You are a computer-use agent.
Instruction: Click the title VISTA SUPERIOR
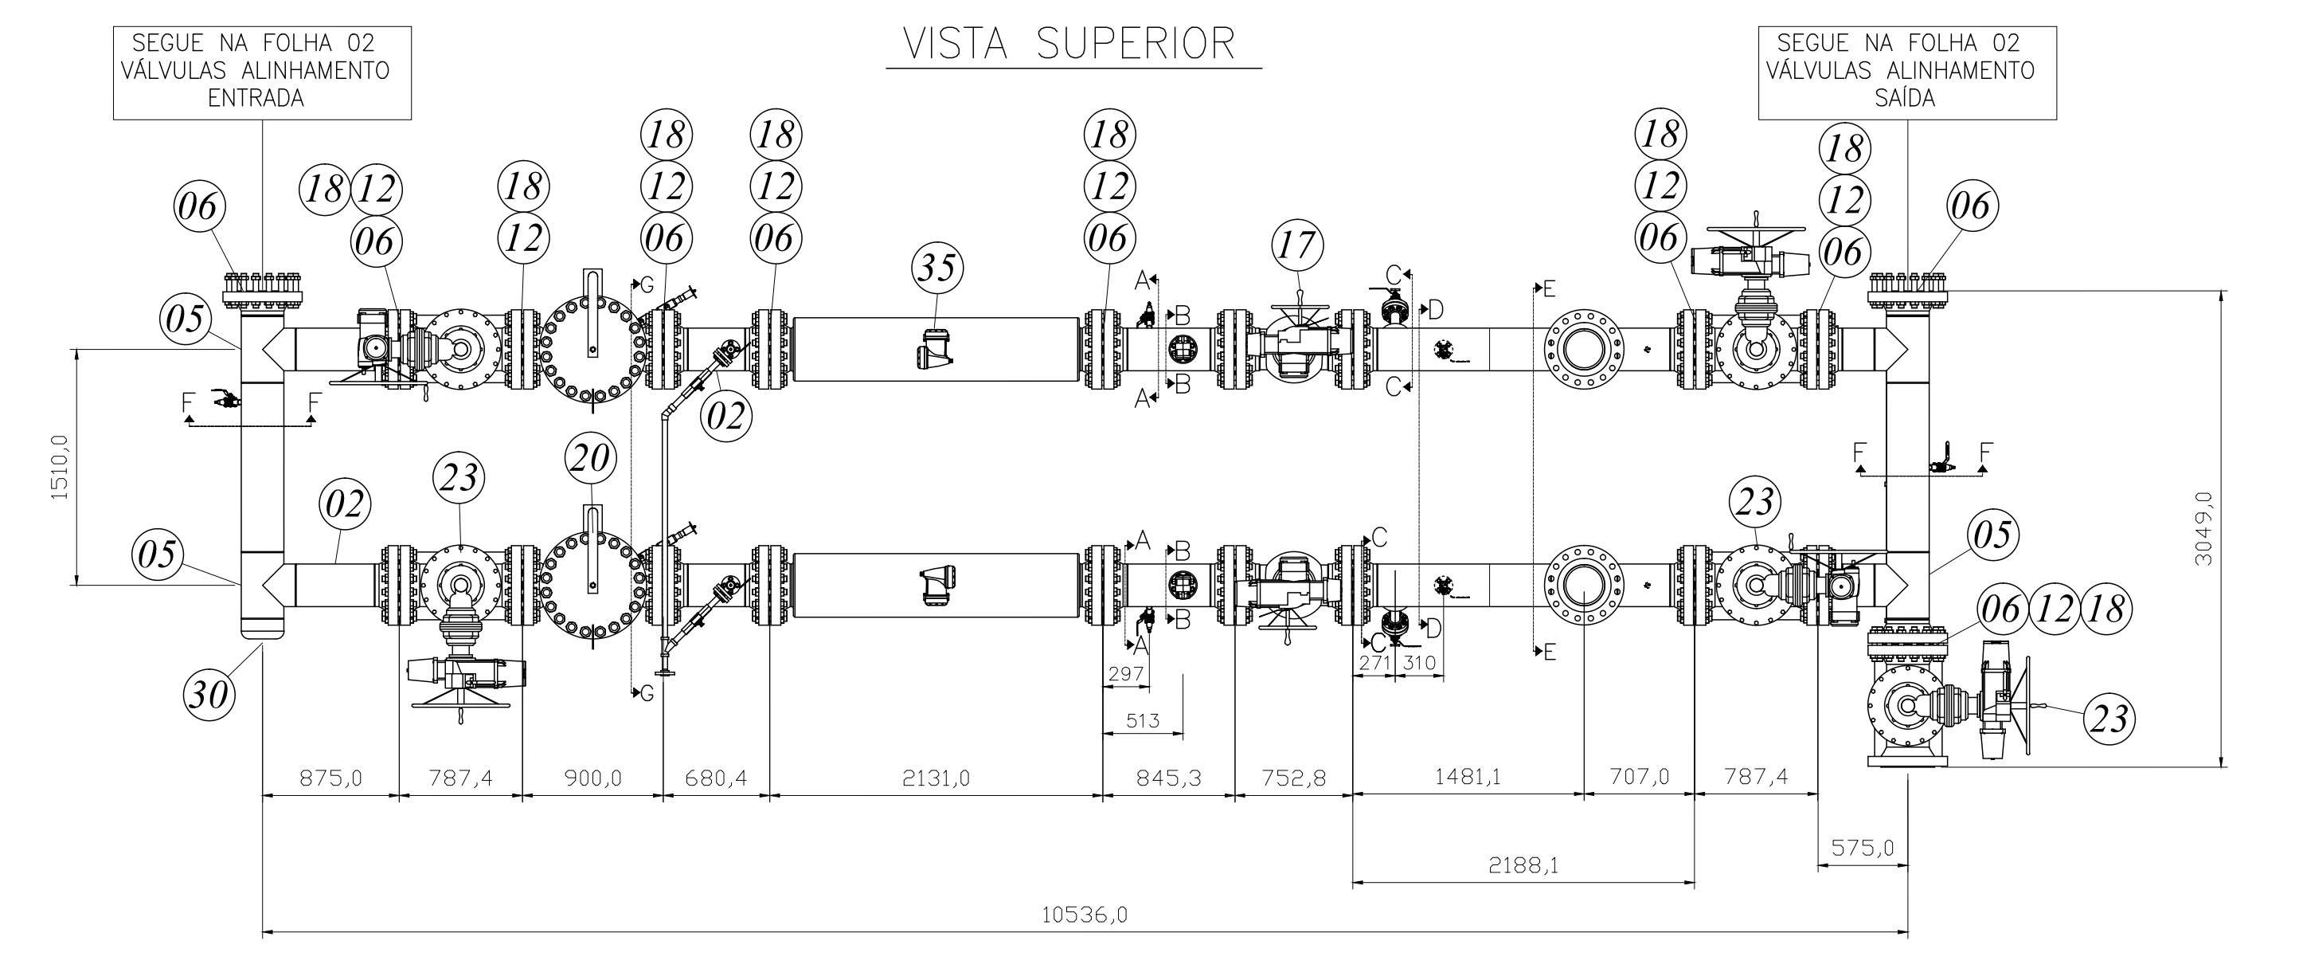pos(1069,44)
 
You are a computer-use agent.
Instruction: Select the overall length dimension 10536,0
pos(1085,915)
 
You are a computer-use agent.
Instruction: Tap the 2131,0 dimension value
pos(936,778)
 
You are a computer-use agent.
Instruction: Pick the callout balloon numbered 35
pos(937,268)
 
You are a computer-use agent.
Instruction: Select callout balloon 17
pos(1298,245)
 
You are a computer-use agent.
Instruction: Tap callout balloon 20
pos(591,459)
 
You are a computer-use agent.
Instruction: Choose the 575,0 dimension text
pos(1863,847)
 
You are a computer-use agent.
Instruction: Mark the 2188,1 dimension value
pos(1523,865)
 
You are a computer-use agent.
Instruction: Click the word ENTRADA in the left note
pos(256,98)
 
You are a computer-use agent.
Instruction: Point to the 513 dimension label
pos(1143,719)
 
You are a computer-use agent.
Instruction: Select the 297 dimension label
pos(1126,674)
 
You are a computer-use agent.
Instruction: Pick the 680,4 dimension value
pos(715,778)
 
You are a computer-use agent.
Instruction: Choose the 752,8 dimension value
pos(1292,778)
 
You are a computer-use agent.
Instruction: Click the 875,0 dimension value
pos(331,778)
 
